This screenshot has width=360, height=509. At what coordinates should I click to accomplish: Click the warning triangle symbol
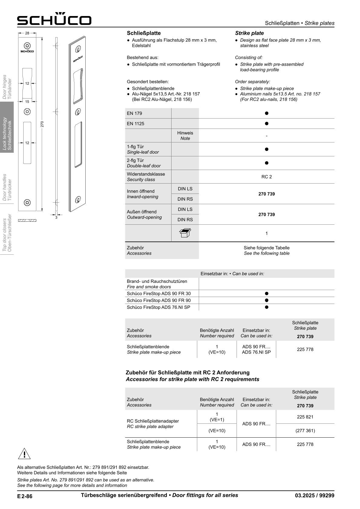(24, 454)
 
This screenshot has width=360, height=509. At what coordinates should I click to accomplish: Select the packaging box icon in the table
(185, 233)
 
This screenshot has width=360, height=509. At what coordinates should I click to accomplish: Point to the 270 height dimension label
(42, 124)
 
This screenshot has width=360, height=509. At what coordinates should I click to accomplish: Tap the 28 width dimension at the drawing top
(27, 33)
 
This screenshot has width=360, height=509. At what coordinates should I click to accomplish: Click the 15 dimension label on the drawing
(27, 102)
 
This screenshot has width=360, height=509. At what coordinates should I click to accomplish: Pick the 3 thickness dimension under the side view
(56, 217)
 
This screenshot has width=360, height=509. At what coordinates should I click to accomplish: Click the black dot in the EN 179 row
(267, 113)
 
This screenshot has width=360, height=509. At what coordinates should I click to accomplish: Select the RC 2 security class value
(267, 177)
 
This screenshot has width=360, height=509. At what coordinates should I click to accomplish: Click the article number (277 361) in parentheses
(305, 430)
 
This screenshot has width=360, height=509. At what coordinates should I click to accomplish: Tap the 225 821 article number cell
(305, 417)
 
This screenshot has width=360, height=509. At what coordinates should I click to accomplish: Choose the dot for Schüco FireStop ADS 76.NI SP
(267, 307)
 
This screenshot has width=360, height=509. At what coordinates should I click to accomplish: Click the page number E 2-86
(25, 496)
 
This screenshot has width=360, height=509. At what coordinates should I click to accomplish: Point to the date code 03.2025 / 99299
(315, 495)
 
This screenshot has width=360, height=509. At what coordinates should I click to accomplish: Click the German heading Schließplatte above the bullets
(144, 33)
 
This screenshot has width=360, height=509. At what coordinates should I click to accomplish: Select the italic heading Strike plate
(249, 33)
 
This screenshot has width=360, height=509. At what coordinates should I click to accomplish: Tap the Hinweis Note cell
(185, 135)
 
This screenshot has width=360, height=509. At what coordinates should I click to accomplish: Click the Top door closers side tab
(7, 233)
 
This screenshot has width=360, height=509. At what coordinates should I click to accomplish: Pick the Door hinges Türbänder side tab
(7, 87)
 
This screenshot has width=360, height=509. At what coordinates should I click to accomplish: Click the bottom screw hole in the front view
(27, 202)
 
